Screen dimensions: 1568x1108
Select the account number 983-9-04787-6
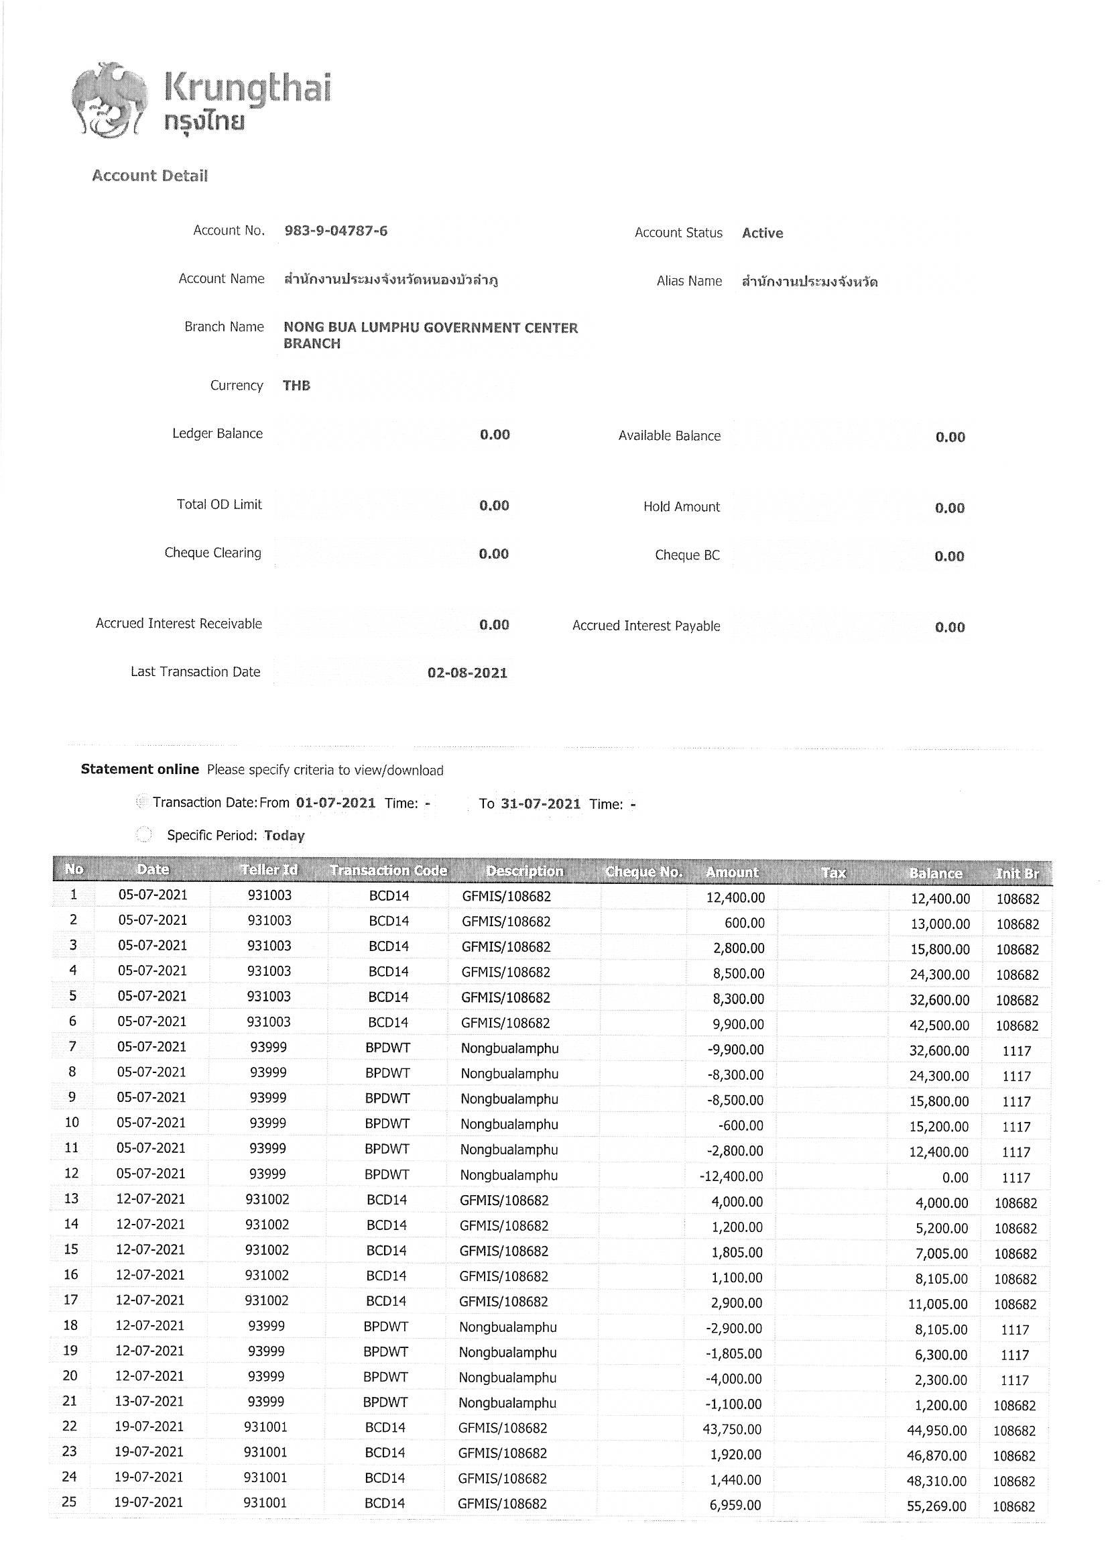coord(336,231)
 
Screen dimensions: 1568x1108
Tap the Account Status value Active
coord(762,233)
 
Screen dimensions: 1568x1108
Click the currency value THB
coord(296,385)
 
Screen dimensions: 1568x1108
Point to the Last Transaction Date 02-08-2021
coord(467,673)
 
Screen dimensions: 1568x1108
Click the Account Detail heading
coord(149,176)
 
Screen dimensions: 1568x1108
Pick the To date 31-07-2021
coord(540,804)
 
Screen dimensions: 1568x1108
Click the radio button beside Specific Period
coord(144,834)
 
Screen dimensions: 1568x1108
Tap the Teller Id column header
coord(269,869)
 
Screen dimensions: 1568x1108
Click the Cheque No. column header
coord(643,872)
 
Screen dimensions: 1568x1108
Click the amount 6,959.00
coord(735,1505)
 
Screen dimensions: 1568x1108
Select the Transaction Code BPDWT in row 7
coord(387,1048)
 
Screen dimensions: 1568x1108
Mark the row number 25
coord(69,1502)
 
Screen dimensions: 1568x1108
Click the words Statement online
coord(140,769)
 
